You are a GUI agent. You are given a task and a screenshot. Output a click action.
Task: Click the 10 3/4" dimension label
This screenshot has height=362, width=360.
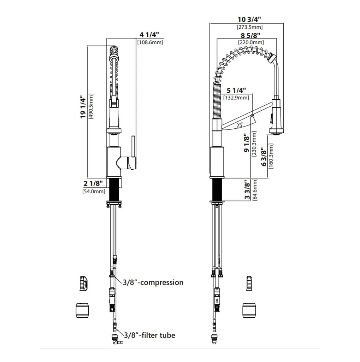point(249,19)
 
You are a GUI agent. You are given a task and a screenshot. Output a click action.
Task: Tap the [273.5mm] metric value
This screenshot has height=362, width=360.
point(250,27)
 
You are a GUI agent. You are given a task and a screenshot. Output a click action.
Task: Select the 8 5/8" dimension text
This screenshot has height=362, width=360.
point(250,36)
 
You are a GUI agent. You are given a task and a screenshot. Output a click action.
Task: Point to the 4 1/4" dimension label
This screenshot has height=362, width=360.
point(149,35)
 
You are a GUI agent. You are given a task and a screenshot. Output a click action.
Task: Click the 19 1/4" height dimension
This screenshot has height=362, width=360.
point(83,107)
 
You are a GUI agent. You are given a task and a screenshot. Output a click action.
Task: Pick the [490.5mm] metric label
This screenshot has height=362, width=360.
point(91,106)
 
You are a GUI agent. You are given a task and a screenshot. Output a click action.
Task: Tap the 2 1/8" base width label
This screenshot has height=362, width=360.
point(93,183)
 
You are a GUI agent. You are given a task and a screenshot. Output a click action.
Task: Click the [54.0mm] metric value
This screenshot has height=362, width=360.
point(94,191)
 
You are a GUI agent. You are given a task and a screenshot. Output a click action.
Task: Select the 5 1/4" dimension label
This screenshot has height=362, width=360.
point(236,90)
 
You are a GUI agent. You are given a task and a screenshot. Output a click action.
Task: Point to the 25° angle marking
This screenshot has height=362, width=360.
point(240,125)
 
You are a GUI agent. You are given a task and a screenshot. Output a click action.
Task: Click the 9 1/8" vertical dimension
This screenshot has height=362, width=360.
point(247,143)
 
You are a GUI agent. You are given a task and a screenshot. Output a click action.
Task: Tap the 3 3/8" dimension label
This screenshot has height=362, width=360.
point(247,190)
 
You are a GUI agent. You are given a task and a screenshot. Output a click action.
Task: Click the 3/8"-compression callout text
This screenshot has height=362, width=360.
point(153,282)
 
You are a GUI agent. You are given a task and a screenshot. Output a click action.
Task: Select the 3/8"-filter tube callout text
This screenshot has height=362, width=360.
point(149,335)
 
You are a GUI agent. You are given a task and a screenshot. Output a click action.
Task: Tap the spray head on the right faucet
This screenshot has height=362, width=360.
point(276,117)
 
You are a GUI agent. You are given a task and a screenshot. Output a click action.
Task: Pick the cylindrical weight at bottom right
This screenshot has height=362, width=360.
point(249,310)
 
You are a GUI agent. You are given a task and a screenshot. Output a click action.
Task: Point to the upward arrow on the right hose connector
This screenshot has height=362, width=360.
point(217,301)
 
